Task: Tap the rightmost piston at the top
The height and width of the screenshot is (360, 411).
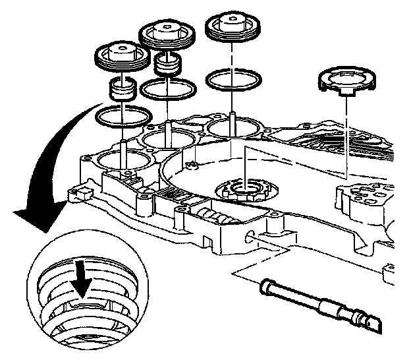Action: (x=233, y=28)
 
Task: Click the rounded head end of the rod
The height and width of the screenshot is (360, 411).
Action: (x=266, y=287)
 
